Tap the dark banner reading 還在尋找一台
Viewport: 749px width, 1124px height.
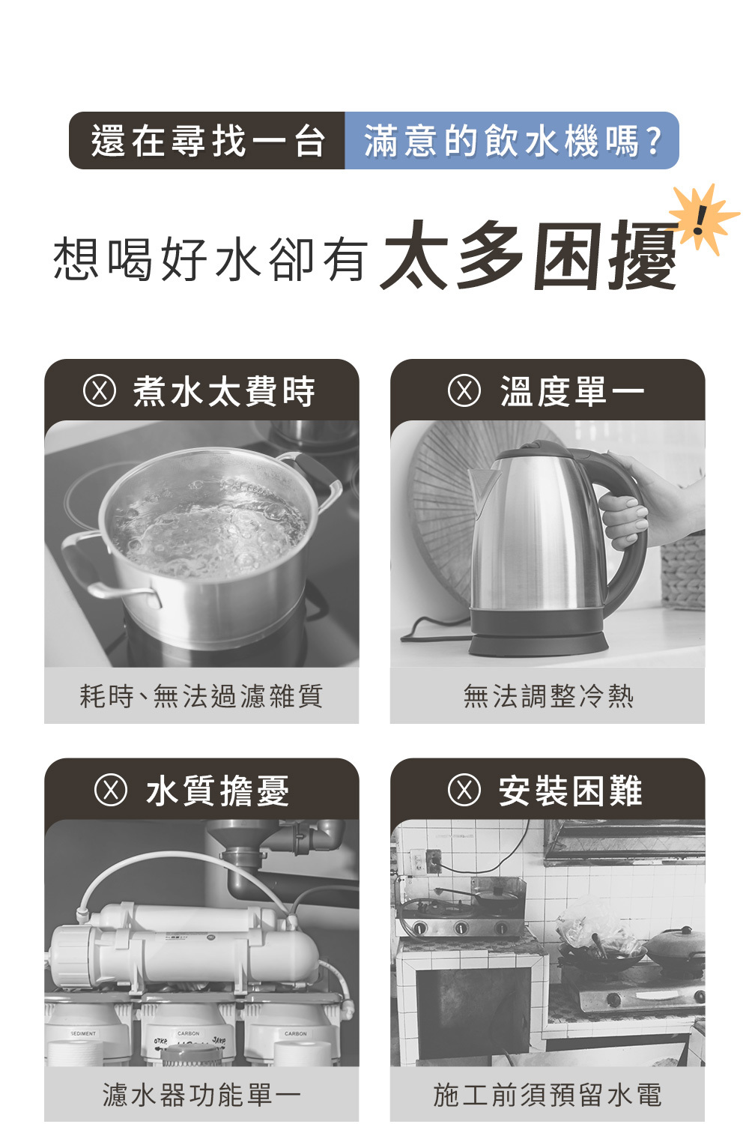(x=207, y=141)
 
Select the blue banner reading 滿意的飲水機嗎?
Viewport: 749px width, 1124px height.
(x=512, y=141)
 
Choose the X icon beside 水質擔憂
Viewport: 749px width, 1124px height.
(x=111, y=791)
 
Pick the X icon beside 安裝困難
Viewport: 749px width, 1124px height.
(x=464, y=791)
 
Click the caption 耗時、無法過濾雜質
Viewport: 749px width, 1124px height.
(x=201, y=696)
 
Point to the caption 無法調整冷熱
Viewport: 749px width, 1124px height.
(x=548, y=696)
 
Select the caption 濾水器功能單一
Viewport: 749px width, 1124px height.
(x=201, y=1094)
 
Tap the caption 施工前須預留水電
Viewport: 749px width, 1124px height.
(x=548, y=1094)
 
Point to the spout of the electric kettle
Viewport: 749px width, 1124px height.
(x=481, y=487)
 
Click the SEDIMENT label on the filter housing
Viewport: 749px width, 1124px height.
(x=83, y=1033)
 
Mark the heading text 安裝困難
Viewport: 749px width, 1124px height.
(x=570, y=791)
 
